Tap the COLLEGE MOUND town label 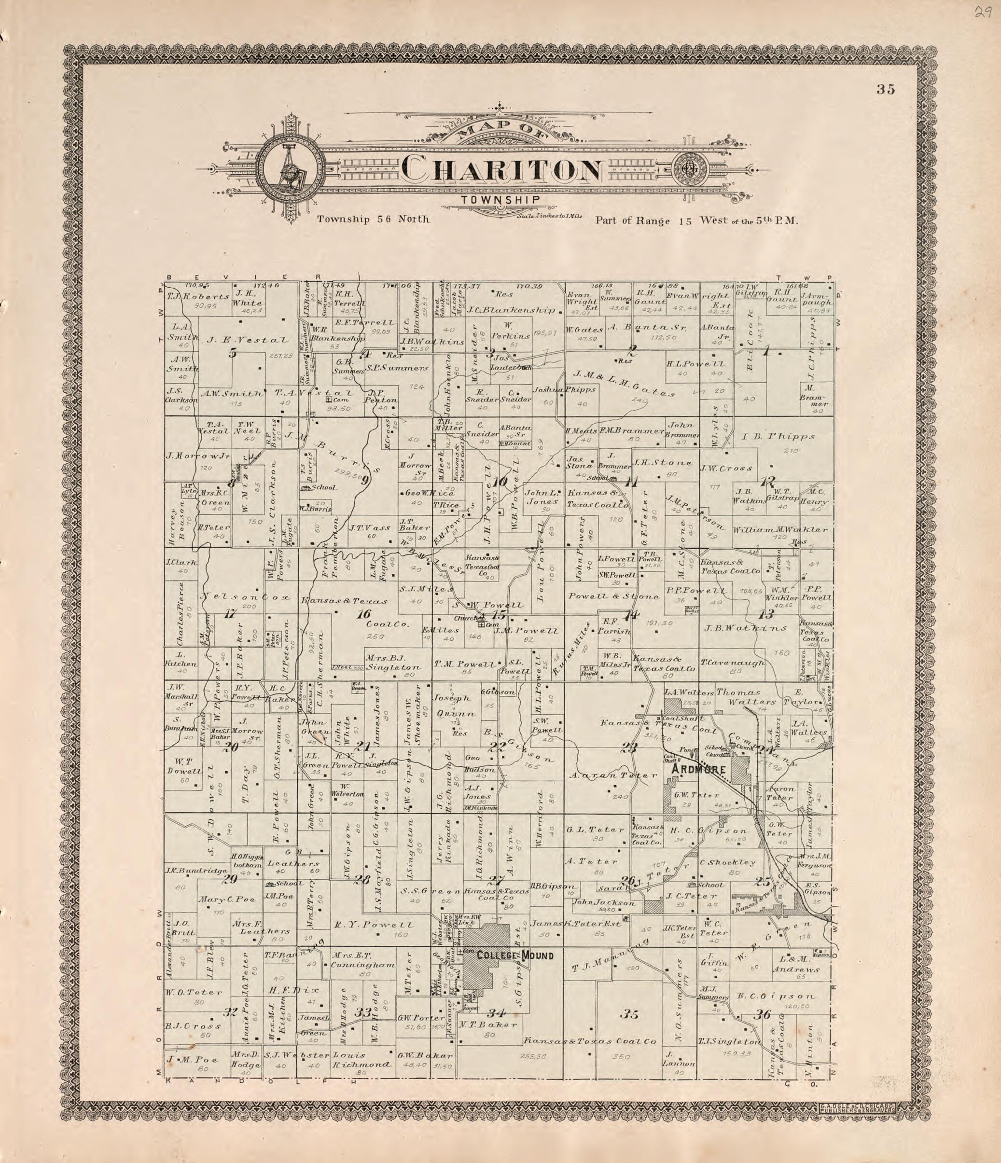(515, 955)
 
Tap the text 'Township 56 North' (374, 220)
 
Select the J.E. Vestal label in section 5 (248, 340)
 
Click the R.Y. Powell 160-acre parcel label (381, 925)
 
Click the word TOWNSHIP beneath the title (501, 199)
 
